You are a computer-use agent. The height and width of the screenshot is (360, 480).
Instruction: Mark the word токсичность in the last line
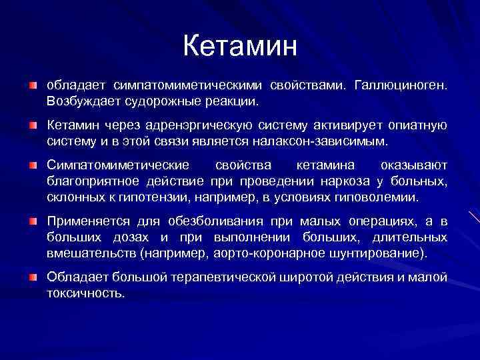tap(85, 292)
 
